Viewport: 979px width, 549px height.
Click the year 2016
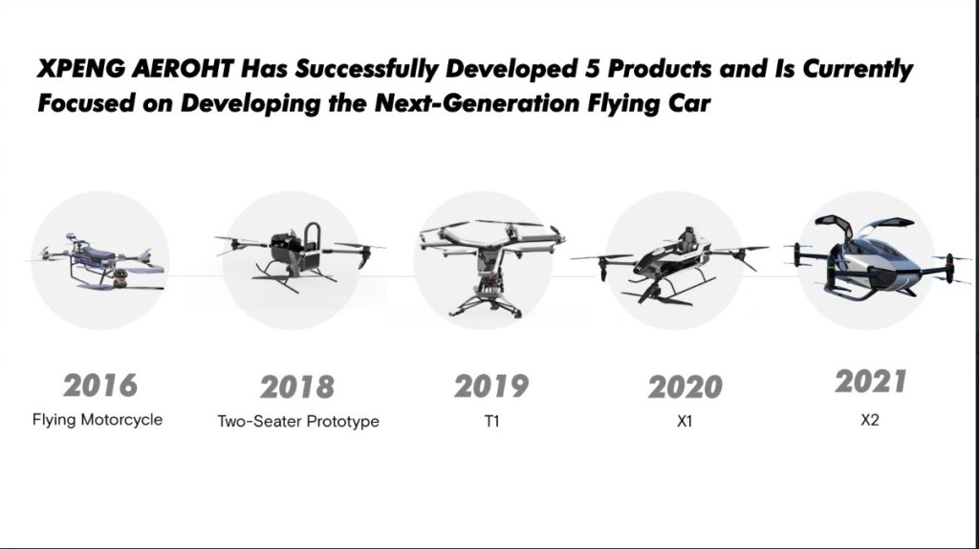click(x=99, y=385)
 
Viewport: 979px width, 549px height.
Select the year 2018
click(x=297, y=387)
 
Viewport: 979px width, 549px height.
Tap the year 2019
click(x=491, y=386)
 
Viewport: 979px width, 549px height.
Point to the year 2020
click(x=685, y=387)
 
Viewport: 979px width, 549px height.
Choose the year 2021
click(x=870, y=382)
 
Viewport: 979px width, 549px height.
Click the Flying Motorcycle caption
click(x=98, y=420)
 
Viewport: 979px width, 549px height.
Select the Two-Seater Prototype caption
click(x=298, y=422)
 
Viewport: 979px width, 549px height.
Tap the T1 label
click(x=492, y=422)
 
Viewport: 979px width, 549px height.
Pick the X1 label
click(x=685, y=422)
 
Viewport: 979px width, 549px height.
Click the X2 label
click(x=870, y=420)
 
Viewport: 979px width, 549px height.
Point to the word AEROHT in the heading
click(x=183, y=69)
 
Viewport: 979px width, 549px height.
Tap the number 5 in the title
click(x=592, y=69)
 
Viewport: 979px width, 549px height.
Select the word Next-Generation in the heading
click(x=477, y=102)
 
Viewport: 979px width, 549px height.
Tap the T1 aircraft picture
click(x=491, y=267)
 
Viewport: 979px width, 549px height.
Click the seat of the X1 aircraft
click(x=687, y=239)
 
